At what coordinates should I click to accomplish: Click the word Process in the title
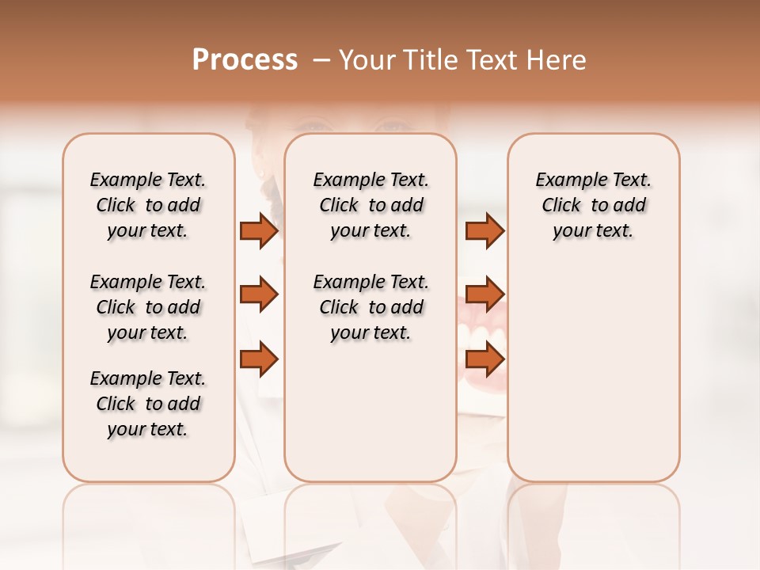(x=245, y=60)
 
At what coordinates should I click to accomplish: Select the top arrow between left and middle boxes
(x=259, y=230)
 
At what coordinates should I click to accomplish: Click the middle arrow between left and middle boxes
(x=259, y=294)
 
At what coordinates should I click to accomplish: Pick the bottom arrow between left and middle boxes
(x=259, y=359)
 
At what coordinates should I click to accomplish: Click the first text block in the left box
(x=148, y=205)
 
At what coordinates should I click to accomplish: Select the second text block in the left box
(x=148, y=307)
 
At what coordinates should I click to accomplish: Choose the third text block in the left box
(x=148, y=404)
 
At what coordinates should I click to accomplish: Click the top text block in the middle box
(x=370, y=205)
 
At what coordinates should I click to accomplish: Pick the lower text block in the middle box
(x=370, y=307)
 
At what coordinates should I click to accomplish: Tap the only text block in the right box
(x=593, y=205)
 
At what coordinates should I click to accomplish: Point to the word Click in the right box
(x=561, y=206)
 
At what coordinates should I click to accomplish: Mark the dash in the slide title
(x=321, y=60)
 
